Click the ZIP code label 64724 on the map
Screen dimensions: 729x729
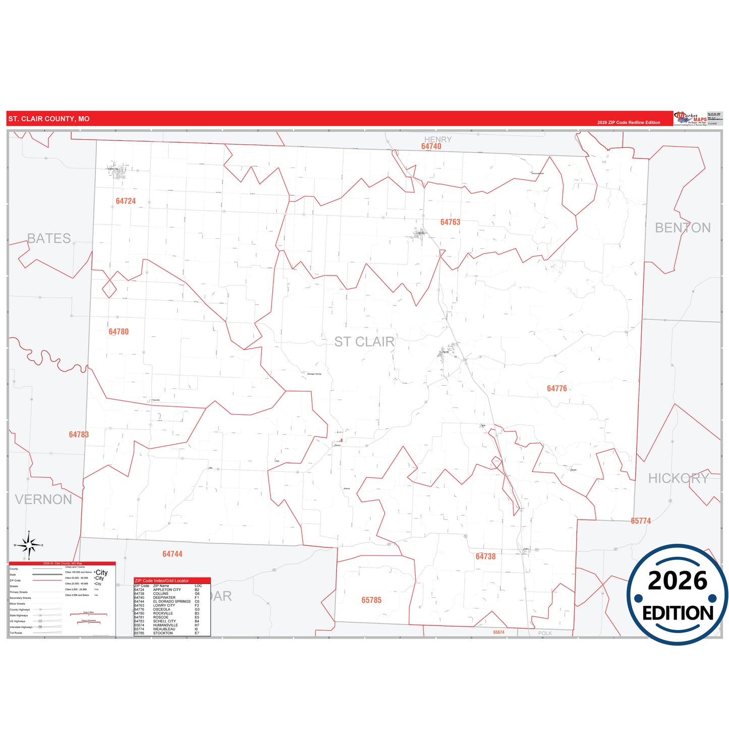click(126, 201)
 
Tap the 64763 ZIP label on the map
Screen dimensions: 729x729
click(450, 222)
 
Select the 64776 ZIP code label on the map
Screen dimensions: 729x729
click(556, 388)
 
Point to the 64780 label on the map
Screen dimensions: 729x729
click(119, 331)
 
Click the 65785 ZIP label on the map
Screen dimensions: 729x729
click(371, 600)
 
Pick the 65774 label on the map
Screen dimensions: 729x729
click(641, 521)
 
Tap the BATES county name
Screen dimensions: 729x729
click(49, 238)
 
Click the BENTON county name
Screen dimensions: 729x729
click(683, 228)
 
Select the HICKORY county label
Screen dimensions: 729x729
click(679, 478)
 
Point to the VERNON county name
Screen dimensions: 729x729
click(43, 499)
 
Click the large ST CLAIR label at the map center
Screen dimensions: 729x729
click(364, 342)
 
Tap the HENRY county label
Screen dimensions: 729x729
click(437, 139)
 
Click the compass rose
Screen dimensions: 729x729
click(29, 545)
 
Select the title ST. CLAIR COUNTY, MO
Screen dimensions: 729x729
click(49, 119)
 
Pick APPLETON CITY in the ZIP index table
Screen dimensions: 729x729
click(166, 590)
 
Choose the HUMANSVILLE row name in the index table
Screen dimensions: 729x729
click(165, 625)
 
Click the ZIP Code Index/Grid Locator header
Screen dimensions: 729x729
click(162, 581)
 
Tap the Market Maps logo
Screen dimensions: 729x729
click(691, 119)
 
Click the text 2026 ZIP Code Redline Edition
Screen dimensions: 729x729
click(629, 123)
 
